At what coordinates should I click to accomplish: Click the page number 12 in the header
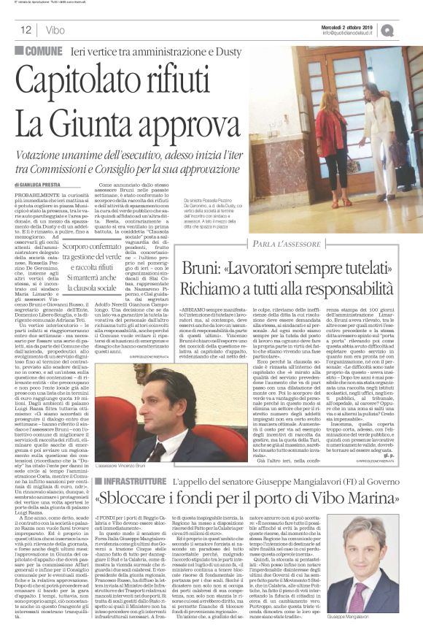pyautogui.click(x=25, y=30)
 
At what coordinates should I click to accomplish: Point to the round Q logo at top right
pyautogui.click(x=407, y=29)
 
